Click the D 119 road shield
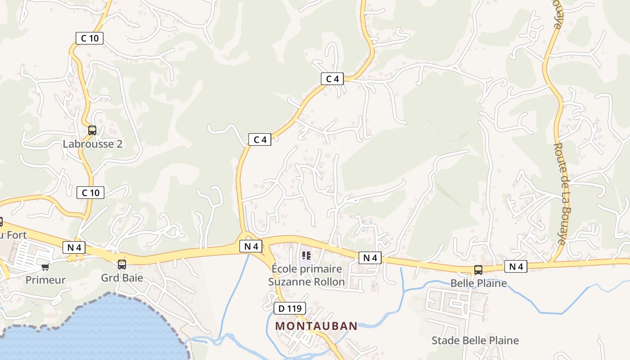pos(290,308)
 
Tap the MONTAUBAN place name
pos(316,326)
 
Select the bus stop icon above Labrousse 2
pos(92,130)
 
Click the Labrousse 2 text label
pos(93,144)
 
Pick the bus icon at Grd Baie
pos(122,264)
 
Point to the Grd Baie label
pos(122,277)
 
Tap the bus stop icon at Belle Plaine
pos(478,270)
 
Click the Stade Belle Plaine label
pos(475,340)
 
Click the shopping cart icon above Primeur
pos(45,267)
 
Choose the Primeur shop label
pos(45,280)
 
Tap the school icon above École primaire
pos(307,256)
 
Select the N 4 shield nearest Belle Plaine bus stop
pos(515,266)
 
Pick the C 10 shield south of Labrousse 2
pos(90,193)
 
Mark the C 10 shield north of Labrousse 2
pos(89,38)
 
